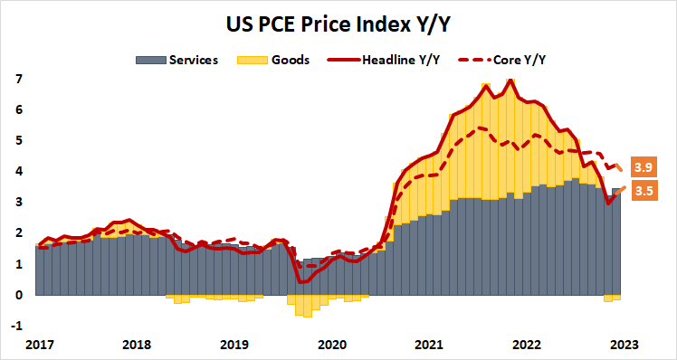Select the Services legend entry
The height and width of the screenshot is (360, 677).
point(178,60)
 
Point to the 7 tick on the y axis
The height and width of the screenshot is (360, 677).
point(19,79)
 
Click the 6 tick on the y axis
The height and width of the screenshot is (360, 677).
point(19,109)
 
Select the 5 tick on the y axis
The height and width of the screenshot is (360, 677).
point(19,140)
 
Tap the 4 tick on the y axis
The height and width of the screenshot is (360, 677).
point(19,171)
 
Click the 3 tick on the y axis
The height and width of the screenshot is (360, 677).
point(19,202)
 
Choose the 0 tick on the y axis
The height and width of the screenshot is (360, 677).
point(19,295)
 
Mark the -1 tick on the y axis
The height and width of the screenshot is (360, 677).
point(17,326)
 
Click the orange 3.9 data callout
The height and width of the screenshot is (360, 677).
point(644,169)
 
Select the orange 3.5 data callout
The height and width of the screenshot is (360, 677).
point(644,191)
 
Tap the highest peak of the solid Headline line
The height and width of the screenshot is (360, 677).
point(511,80)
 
